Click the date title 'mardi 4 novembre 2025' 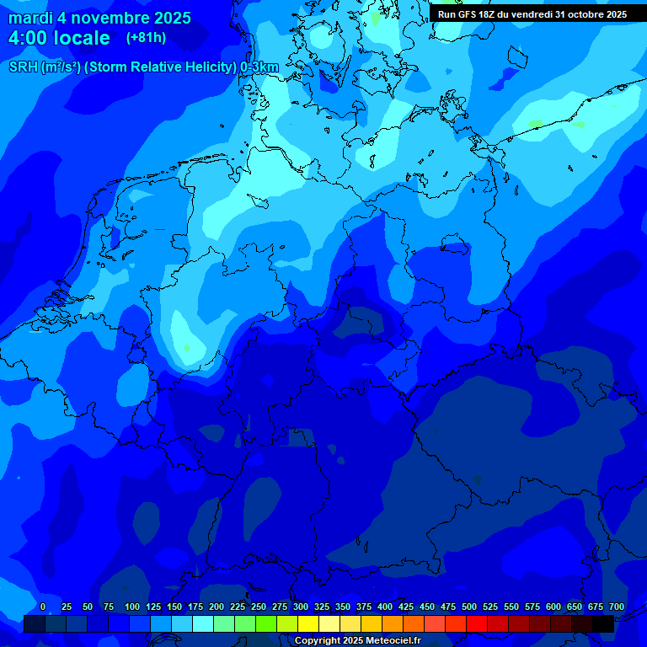99,18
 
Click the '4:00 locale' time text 59,38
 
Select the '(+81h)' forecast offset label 146,38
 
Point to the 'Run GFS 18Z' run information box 532,14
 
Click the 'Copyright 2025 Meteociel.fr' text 357,641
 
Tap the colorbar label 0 43,607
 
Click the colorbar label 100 132,607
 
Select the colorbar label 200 217,607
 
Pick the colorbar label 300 301,607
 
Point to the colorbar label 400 385,607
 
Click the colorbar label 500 469,607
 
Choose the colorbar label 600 553,607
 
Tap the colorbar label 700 617,607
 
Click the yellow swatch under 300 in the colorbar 308,623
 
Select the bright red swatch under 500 477,623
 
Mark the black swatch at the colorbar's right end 603,623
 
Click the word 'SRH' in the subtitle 24,67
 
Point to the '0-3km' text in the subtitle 259,67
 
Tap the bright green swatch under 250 266,623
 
